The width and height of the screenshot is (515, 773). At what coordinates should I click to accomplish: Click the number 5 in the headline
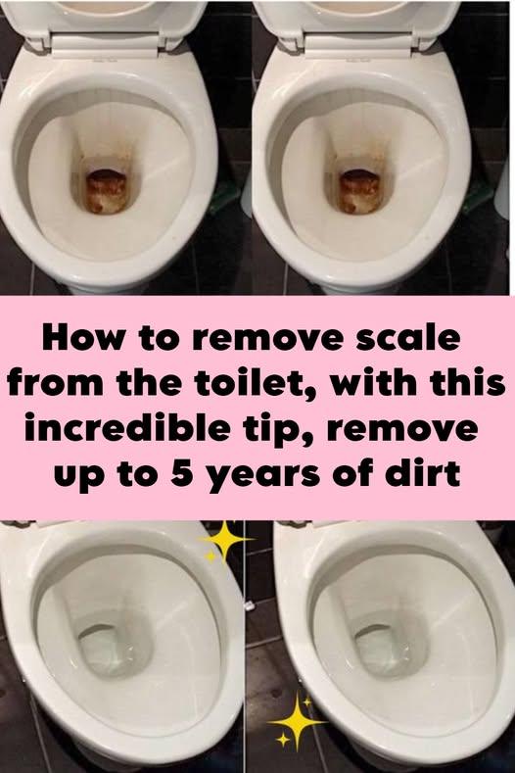[183, 474]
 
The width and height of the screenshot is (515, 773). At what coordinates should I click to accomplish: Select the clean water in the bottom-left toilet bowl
[110, 650]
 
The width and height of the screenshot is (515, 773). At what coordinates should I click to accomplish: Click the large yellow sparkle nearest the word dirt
[297, 721]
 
